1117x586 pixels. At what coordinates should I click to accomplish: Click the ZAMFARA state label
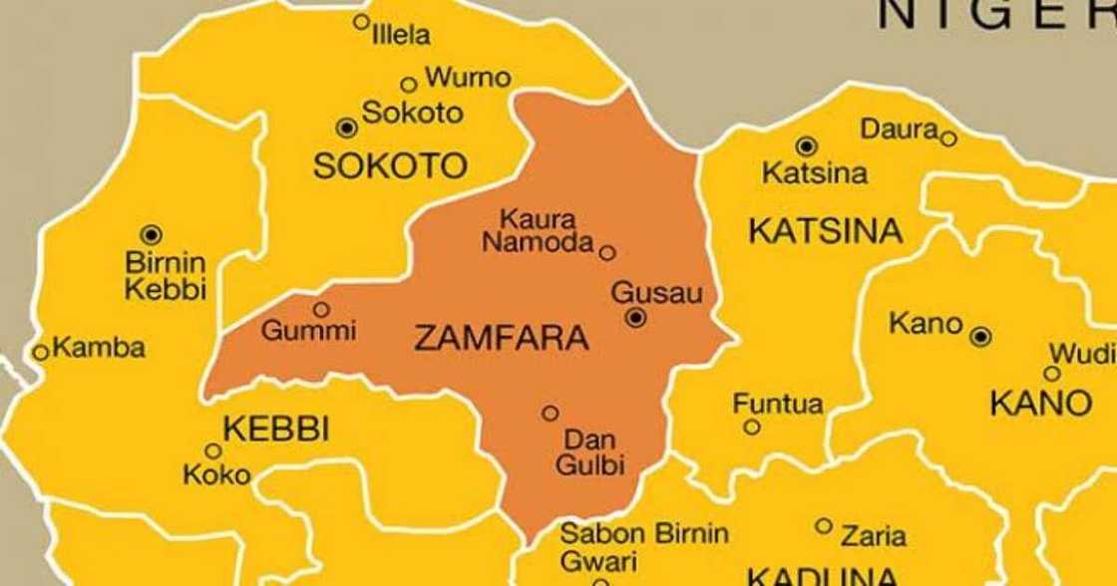coord(501,339)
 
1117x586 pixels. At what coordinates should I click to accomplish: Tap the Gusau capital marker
coord(636,318)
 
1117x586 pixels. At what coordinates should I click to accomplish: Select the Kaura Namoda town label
coord(539,231)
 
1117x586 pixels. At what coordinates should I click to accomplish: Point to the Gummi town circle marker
coord(321,309)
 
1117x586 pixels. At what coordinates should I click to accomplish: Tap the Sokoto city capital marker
coord(346,127)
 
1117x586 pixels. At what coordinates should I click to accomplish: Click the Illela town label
coord(401,36)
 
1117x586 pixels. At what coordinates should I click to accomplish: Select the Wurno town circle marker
coord(408,85)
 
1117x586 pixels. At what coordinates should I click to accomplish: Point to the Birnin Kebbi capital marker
coord(151,235)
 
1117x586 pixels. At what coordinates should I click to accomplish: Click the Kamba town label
coord(98,349)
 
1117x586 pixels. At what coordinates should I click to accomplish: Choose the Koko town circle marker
coord(212,450)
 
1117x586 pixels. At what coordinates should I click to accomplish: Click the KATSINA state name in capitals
coord(825,232)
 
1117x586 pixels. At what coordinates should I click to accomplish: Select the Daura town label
coord(899,130)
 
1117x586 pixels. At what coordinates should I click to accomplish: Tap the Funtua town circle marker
coord(751,427)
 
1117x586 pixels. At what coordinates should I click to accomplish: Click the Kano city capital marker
coord(980,337)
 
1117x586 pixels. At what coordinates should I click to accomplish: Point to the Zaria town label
coord(874,536)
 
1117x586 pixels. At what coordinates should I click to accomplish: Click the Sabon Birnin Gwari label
coord(643,546)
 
